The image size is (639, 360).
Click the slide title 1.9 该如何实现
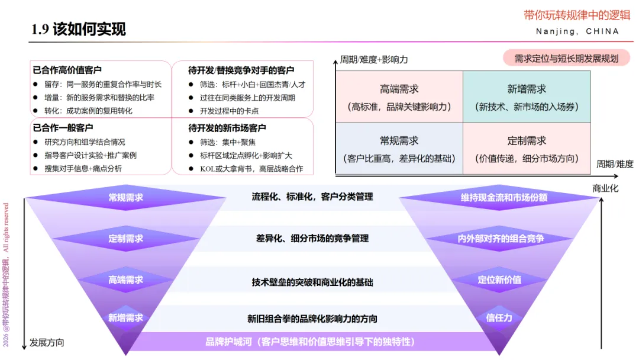pyautogui.click(x=79, y=29)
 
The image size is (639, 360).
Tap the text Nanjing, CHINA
pyautogui.click(x=577, y=31)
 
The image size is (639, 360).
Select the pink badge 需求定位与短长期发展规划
pyautogui.click(x=566, y=58)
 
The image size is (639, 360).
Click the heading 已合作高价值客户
pyautogui.click(x=67, y=70)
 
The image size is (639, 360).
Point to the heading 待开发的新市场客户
pyautogui.click(x=227, y=128)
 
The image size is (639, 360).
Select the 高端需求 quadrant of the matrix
pyautogui.click(x=399, y=97)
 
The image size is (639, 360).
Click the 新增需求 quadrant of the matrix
pyautogui.click(x=527, y=97)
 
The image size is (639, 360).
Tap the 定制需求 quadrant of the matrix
pyautogui.click(x=527, y=149)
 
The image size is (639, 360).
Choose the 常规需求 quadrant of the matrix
pyautogui.click(x=399, y=149)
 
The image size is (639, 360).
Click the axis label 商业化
pyautogui.click(x=605, y=188)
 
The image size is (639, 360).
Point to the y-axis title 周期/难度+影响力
pyautogui.click(x=373, y=60)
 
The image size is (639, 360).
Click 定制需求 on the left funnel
pyautogui.click(x=125, y=239)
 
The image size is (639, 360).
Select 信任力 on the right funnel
pyautogui.click(x=499, y=317)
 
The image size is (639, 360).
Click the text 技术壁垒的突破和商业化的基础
pyautogui.click(x=312, y=282)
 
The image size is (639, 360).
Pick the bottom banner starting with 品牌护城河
pyautogui.click(x=310, y=342)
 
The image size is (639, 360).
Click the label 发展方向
pyautogui.click(x=47, y=342)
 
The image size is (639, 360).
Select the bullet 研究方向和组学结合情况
pyautogui.click(x=85, y=142)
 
